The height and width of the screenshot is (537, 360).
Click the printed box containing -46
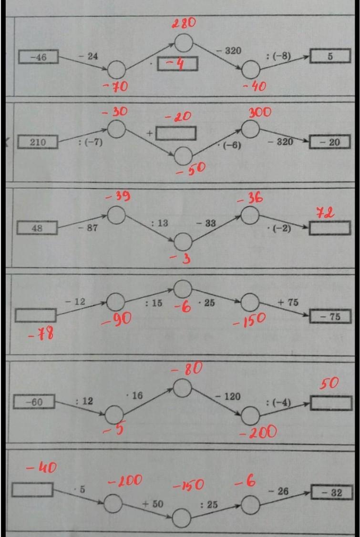pos(39,57)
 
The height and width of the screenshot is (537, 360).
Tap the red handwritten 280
pos(184,23)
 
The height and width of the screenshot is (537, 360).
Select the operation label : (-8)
pos(278,56)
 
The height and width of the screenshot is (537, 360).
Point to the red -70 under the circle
pos(115,86)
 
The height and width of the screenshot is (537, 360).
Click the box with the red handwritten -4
pos(177,64)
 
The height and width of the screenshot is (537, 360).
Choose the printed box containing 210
pos(38,142)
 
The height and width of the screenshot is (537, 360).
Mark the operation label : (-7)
pos(90,142)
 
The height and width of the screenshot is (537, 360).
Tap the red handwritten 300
pos(259,112)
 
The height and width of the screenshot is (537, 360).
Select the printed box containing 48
pos(37,228)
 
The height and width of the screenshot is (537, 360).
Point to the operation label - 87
pos(88,228)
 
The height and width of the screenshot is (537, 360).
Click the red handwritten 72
pos(325,213)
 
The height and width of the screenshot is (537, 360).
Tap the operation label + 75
pos(288,303)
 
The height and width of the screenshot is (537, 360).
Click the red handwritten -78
pos(41,333)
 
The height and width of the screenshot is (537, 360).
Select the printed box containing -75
pos(330,316)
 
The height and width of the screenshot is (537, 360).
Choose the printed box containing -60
pos(34,402)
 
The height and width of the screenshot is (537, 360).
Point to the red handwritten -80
pos(187,368)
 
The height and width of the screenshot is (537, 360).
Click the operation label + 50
pos(153,504)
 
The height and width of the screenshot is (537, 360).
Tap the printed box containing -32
pos(332,493)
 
